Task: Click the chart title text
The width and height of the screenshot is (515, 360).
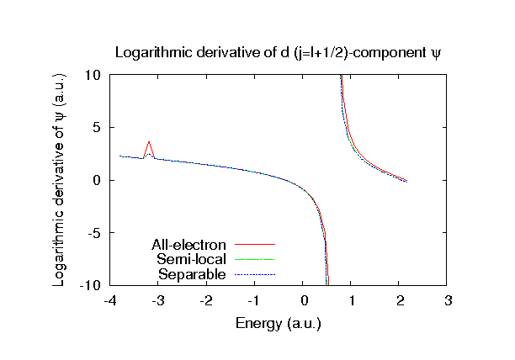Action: (x=278, y=52)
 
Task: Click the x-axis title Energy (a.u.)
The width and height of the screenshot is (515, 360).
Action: (x=279, y=322)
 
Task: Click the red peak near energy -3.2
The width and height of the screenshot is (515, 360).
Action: (x=149, y=142)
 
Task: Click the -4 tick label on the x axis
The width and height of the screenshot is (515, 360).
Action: (x=109, y=301)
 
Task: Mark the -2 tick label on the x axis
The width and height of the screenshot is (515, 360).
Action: (x=206, y=301)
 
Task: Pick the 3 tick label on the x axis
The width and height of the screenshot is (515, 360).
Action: (x=449, y=301)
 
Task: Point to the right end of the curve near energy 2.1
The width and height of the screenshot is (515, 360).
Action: (x=406, y=181)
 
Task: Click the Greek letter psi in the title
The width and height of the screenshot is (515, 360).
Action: (x=435, y=53)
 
